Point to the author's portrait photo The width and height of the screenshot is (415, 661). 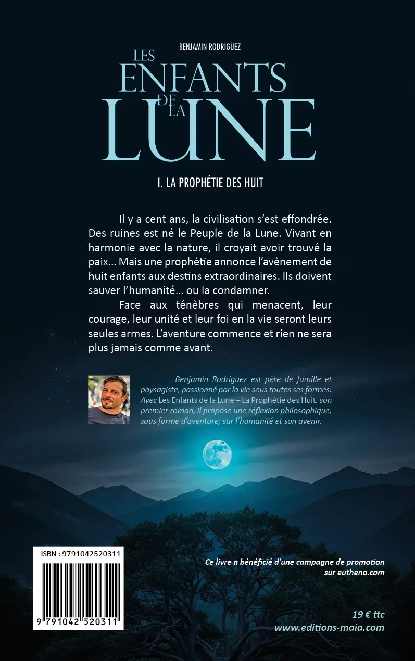click(109, 400)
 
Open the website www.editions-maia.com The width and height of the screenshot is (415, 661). click(329, 628)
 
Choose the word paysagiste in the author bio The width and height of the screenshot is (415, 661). click(161, 389)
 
